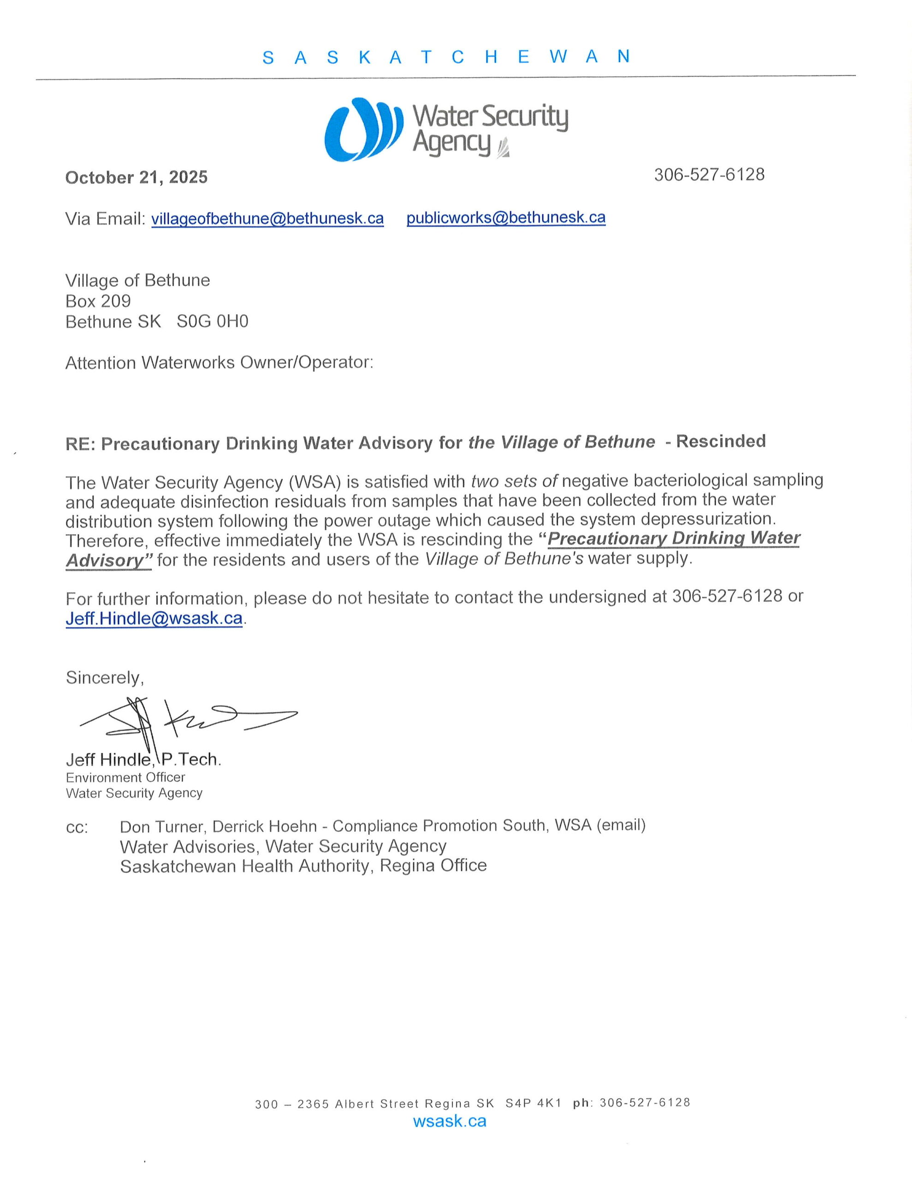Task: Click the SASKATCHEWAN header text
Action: [446, 57]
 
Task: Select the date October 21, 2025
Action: [136, 177]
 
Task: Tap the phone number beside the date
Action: [709, 175]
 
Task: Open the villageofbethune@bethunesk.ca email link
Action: [267, 219]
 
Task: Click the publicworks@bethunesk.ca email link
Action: [505, 217]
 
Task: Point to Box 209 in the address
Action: [98, 301]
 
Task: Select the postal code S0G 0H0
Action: [213, 322]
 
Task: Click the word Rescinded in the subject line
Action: [721, 441]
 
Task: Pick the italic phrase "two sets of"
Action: [514, 480]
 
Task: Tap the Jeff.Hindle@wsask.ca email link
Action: [154, 618]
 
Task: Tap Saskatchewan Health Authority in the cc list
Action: [245, 866]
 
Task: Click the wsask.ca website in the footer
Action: [449, 1121]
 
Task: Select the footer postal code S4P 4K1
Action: [533, 1103]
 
